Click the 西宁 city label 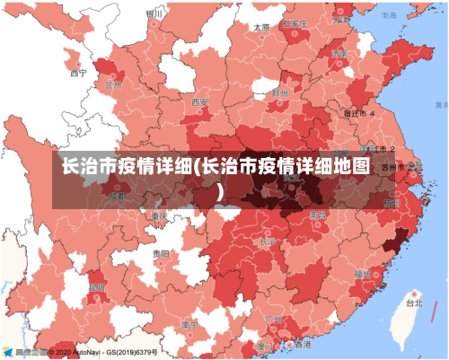tap(78, 75)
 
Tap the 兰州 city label tap(112, 84)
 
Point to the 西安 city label tap(198, 102)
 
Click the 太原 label tap(261, 28)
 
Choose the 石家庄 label tap(295, 24)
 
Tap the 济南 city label tap(339, 54)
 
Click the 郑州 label tap(280, 92)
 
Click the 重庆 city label tap(159, 216)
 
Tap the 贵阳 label tap(160, 254)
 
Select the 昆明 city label tap(97, 286)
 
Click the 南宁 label tap(189, 325)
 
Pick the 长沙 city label tap(268, 241)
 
